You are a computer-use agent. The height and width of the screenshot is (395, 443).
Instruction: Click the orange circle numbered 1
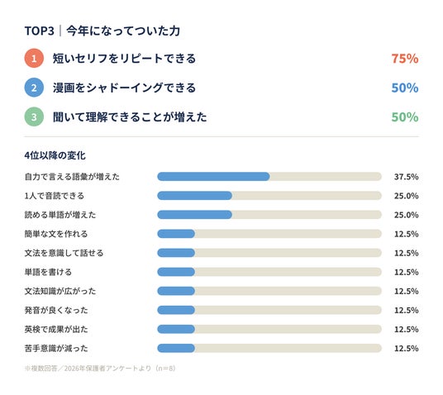(x=34, y=59)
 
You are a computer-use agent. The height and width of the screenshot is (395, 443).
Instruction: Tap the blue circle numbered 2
(x=34, y=88)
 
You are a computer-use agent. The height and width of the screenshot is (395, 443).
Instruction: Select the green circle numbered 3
(x=34, y=117)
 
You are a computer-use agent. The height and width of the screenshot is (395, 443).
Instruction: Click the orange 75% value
(x=405, y=59)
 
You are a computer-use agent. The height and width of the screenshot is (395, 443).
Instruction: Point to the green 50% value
(x=405, y=117)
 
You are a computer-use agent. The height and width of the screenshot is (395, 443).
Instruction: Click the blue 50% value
(x=405, y=88)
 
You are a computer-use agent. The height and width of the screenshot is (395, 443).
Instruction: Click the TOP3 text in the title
(x=40, y=31)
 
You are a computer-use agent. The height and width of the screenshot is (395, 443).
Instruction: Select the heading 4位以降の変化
(x=55, y=155)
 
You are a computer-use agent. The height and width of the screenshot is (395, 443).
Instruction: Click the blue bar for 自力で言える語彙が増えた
(x=213, y=177)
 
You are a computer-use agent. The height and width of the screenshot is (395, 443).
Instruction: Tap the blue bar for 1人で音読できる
(x=195, y=196)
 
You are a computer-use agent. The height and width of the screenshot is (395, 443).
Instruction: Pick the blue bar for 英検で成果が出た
(x=176, y=329)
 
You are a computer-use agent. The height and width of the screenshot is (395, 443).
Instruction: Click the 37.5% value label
(x=407, y=177)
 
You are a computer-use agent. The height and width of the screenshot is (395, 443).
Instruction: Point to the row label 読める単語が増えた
(x=60, y=215)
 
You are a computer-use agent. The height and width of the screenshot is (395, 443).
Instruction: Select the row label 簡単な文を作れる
(x=56, y=234)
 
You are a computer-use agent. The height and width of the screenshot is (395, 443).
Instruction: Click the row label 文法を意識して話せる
(x=64, y=253)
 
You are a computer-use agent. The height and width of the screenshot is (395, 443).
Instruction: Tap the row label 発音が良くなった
(x=56, y=310)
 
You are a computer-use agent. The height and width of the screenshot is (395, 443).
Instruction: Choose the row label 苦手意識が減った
(x=56, y=349)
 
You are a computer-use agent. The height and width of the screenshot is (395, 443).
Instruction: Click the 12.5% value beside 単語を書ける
(x=407, y=272)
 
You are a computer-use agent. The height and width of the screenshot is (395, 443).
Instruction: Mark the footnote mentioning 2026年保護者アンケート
(x=100, y=369)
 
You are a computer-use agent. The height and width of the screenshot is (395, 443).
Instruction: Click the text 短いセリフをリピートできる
(x=124, y=59)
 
